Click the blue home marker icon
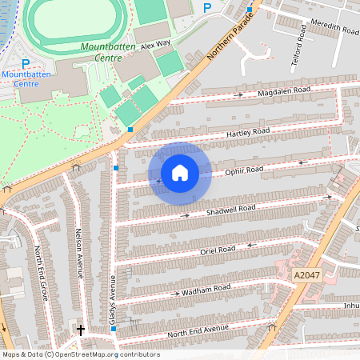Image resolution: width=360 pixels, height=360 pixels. point(180,172)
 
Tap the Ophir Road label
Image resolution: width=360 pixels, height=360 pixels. point(243,170)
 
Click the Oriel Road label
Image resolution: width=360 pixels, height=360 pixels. point(217,250)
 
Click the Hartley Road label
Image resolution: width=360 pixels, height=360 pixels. point(249,131)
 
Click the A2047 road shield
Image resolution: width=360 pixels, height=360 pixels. point(305,275)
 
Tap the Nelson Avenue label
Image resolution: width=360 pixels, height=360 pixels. point(79,252)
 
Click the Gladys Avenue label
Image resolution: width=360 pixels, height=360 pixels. point(113,301)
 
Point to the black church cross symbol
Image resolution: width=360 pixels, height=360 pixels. point(80,329)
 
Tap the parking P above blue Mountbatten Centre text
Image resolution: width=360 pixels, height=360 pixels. point(26,63)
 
